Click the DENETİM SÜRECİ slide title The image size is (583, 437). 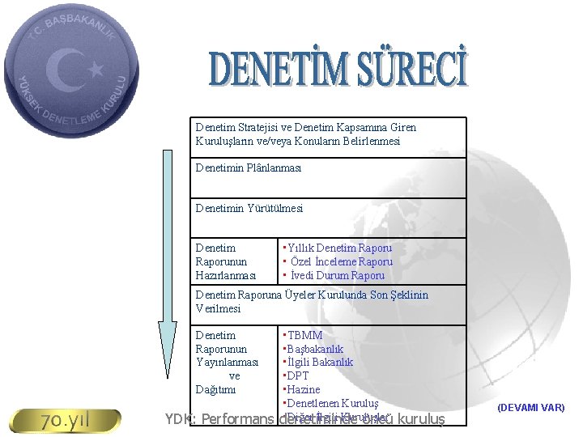tap(338, 70)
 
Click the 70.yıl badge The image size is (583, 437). tap(64, 421)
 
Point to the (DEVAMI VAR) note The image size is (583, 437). tap(531, 408)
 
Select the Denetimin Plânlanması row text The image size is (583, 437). tap(249, 168)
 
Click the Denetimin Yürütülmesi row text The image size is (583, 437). tap(249, 208)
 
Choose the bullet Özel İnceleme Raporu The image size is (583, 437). tap(338, 261)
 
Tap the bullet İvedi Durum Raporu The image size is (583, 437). tap(334, 275)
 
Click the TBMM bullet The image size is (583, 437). tap(302, 335)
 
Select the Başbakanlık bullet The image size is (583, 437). tap(313, 349)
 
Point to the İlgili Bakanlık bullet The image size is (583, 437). tap(317, 363)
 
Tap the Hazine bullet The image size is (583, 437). tap(301, 389)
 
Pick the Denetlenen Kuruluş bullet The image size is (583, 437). tap(330, 403)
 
